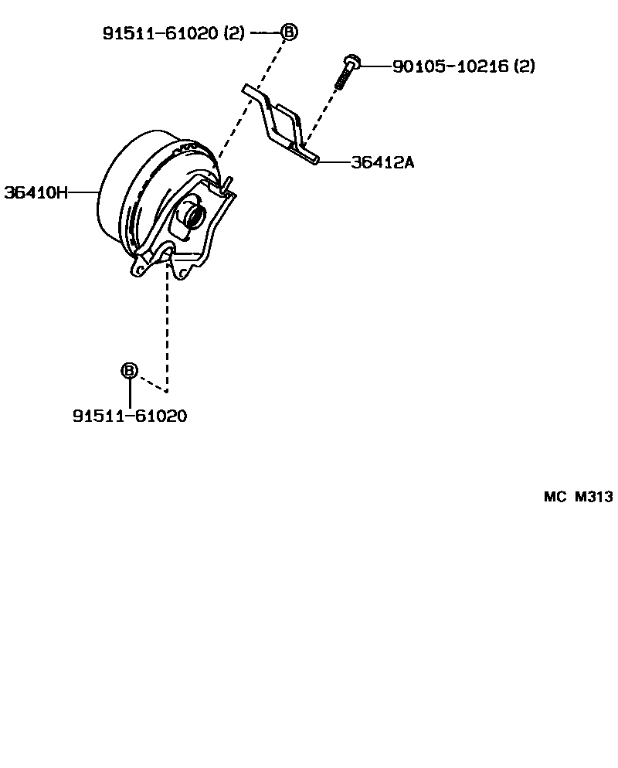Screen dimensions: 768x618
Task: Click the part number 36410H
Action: tap(36, 192)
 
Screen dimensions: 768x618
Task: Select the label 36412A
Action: tap(382, 162)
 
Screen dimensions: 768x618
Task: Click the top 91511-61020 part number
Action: tap(161, 32)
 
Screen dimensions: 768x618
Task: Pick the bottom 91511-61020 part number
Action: tap(130, 416)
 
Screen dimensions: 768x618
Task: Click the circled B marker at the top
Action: tap(288, 32)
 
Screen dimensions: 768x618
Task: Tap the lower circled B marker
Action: tap(129, 371)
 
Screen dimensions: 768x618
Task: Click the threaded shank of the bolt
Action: tap(342, 78)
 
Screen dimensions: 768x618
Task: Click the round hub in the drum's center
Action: tap(192, 215)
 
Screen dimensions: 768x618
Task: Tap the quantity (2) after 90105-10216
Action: tap(524, 66)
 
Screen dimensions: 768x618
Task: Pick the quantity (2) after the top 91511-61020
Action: tap(235, 32)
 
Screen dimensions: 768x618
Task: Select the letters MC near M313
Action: tap(555, 497)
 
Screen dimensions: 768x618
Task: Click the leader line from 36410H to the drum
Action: tap(83, 192)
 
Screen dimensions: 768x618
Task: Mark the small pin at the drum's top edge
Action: tap(227, 182)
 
